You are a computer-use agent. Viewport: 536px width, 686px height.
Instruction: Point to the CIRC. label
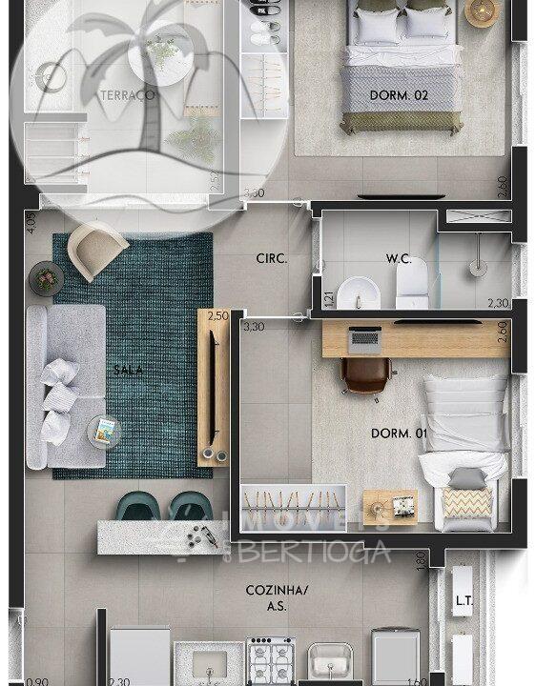(x=272, y=258)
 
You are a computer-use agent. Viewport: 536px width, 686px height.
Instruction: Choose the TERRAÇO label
(x=127, y=94)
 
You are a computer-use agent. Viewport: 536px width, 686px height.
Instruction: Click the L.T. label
(x=464, y=601)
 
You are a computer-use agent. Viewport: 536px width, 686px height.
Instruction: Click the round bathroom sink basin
(x=360, y=292)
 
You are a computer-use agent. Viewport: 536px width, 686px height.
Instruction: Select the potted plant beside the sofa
(x=46, y=279)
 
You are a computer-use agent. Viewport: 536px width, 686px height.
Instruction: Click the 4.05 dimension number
(x=31, y=222)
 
